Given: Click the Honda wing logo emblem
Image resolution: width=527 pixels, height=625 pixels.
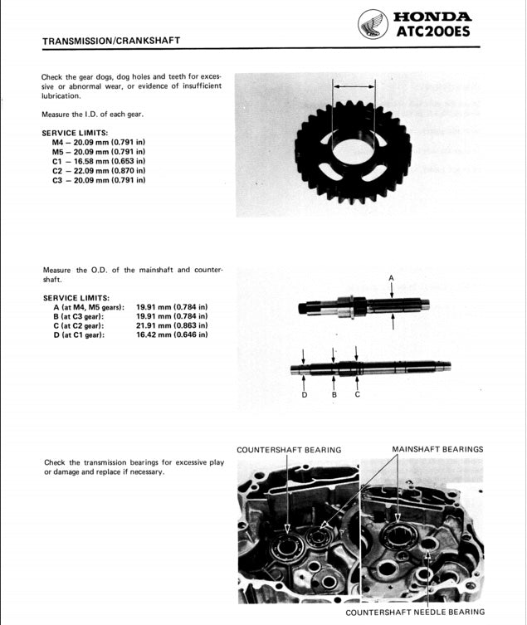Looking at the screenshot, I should point(373,24).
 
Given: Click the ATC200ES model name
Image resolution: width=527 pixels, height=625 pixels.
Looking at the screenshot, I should point(434,32).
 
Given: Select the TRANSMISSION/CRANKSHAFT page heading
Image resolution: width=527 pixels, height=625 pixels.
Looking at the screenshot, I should point(110,40).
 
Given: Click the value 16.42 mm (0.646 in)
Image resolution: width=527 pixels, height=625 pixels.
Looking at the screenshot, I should point(171,334).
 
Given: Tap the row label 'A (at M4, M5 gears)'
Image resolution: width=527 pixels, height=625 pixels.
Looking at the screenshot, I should point(88,307).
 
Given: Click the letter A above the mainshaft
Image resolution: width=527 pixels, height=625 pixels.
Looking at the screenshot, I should point(391,277).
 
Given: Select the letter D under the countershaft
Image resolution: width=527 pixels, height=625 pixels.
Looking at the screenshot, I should point(305,394).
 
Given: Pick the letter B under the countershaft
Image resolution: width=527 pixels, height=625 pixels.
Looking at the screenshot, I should point(334,394).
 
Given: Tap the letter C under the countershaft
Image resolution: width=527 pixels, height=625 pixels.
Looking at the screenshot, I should point(357,394).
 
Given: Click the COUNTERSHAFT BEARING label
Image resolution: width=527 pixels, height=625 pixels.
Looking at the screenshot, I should point(288,450).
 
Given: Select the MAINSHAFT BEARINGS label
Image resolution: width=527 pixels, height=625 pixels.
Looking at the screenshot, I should point(437,449).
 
